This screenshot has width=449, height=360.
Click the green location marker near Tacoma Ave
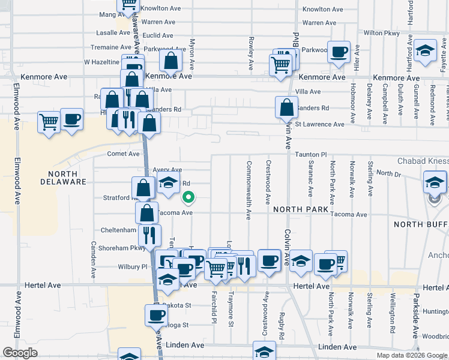188,197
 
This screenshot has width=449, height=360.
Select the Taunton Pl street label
310,155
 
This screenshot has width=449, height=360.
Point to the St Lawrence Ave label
319,124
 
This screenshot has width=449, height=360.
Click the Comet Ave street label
123,154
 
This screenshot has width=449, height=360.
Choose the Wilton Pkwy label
377,33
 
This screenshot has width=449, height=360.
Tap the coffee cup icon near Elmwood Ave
71,120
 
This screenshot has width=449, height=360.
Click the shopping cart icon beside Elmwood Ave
49,122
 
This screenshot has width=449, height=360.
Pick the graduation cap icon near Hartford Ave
425,52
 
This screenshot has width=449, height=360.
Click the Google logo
20,353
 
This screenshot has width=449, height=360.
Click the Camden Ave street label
93,259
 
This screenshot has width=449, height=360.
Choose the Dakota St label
177,305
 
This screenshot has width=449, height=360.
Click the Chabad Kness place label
423,161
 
